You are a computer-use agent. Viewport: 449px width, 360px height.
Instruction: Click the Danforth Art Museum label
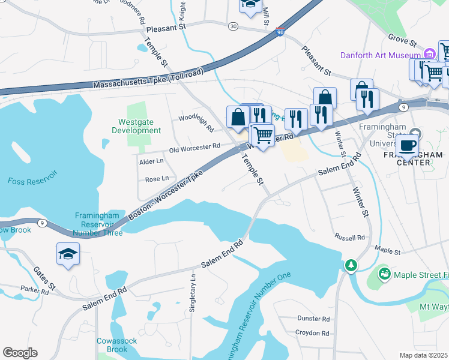click(x=380, y=55)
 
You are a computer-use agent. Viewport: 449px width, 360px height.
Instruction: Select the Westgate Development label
click(x=136, y=126)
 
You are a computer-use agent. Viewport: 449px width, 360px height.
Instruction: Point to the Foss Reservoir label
click(x=32, y=180)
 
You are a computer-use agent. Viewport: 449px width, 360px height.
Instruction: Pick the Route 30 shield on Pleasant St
click(x=233, y=26)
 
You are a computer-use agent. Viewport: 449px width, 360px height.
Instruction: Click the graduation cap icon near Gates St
click(x=68, y=254)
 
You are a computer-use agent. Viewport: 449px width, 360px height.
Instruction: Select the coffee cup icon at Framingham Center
click(x=407, y=145)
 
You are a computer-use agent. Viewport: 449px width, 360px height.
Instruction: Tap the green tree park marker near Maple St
click(x=350, y=265)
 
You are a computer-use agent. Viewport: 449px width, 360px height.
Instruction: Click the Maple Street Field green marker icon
click(x=384, y=274)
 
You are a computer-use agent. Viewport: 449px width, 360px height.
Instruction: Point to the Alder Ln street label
click(x=151, y=161)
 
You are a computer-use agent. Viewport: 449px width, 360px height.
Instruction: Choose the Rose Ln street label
click(x=157, y=179)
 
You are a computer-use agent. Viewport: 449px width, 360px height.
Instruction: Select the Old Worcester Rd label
click(x=194, y=147)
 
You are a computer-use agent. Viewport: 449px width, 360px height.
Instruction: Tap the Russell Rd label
click(x=350, y=238)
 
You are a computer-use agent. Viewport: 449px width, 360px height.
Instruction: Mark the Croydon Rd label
click(x=312, y=333)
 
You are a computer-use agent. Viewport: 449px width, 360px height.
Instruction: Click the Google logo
click(x=20, y=353)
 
